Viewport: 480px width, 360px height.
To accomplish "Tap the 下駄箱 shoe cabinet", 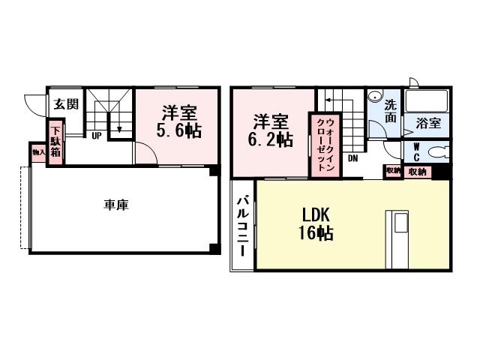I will tap(56, 140).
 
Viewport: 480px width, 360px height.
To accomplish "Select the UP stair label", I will tap(97, 136).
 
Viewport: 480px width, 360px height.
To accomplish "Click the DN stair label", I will tap(352, 158).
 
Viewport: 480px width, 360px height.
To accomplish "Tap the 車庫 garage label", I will tap(116, 204).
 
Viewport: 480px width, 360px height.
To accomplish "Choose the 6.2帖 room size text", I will tap(271, 140).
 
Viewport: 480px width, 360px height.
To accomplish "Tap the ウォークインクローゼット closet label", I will tap(325, 145).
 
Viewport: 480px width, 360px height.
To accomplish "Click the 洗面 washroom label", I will tap(391, 112).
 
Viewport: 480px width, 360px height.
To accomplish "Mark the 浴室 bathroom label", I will tap(428, 124).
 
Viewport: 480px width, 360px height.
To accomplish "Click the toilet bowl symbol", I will tap(436, 153).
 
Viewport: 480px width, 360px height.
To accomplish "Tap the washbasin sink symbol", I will tap(373, 97).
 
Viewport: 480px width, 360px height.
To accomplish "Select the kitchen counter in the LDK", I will tap(397, 239).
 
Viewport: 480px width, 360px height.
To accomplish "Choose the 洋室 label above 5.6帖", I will tap(180, 113).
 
